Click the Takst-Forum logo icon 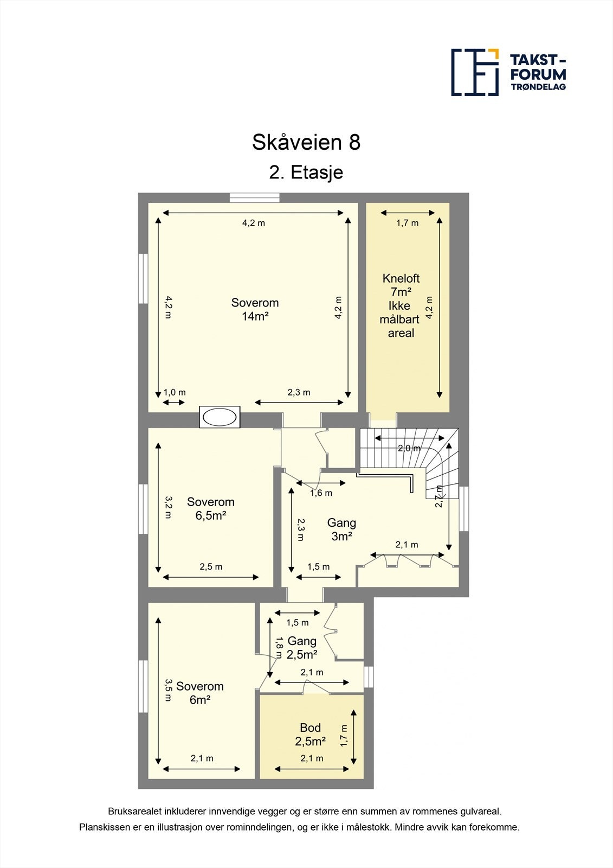pyautogui.click(x=475, y=72)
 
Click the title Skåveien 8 pyautogui.click(x=306, y=143)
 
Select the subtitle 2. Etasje pyautogui.click(x=306, y=173)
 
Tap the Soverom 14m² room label pyautogui.click(x=255, y=309)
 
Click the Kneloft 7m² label pyautogui.click(x=401, y=305)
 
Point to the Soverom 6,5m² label pyautogui.click(x=210, y=508)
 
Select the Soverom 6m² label pyautogui.click(x=199, y=693)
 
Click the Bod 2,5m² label pyautogui.click(x=310, y=734)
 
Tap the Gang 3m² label pyautogui.click(x=341, y=529)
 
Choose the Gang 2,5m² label pyautogui.click(x=302, y=647)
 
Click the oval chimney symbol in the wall pyautogui.click(x=220, y=417)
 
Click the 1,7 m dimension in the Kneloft pyautogui.click(x=407, y=223)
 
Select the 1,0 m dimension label pyautogui.click(x=175, y=392)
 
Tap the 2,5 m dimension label pyautogui.click(x=211, y=567)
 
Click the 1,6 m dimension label pyautogui.click(x=321, y=493)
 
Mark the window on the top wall pyautogui.click(x=254, y=198)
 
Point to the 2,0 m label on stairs pyautogui.click(x=409, y=448)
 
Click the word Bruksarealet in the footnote pyautogui.click(x=134, y=812)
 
